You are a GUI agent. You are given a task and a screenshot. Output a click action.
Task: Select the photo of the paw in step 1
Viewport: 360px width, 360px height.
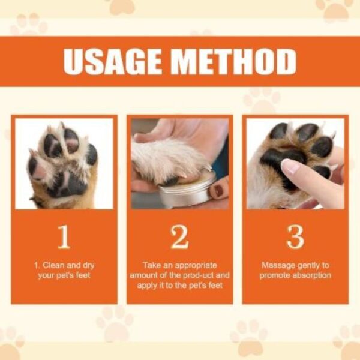pos(64,163)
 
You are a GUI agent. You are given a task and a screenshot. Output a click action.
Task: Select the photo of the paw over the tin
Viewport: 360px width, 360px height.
pos(179,163)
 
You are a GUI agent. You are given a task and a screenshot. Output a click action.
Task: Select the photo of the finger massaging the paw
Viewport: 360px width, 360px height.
pos(295,163)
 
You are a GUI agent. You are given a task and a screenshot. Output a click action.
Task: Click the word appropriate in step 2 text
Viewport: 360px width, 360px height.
pos(191,265)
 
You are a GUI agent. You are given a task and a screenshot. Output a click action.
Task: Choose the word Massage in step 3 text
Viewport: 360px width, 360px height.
pos(278,265)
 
